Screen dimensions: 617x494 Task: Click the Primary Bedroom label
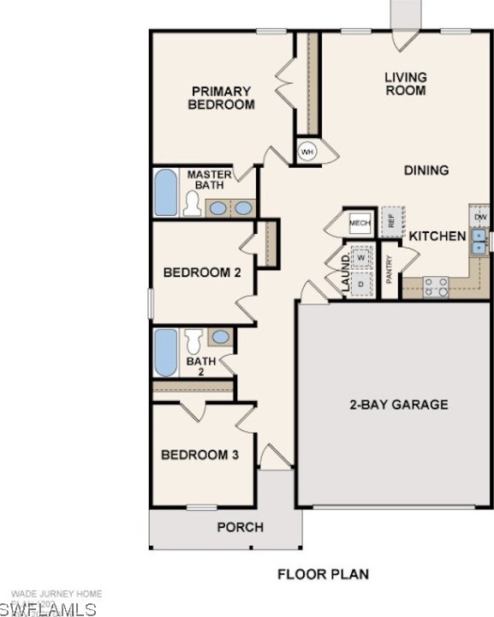point(222,98)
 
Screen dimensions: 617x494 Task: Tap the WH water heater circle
point(307,152)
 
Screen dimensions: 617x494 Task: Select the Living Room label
point(405,83)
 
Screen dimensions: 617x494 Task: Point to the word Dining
point(426,170)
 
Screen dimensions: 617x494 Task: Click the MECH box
point(360,223)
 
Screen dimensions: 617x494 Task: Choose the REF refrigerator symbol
point(392,221)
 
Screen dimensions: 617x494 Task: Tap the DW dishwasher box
point(479,216)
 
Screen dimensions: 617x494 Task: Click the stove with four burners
point(436,286)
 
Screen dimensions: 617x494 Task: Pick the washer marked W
point(361,257)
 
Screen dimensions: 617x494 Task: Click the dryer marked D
point(361,283)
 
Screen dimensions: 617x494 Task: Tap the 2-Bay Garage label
point(398,404)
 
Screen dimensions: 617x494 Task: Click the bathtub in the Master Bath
point(166,193)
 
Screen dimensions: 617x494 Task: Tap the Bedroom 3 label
point(199,454)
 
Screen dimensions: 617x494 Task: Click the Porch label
point(240,527)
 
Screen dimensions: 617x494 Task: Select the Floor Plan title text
point(324,573)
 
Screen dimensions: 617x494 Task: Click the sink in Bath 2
point(220,337)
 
